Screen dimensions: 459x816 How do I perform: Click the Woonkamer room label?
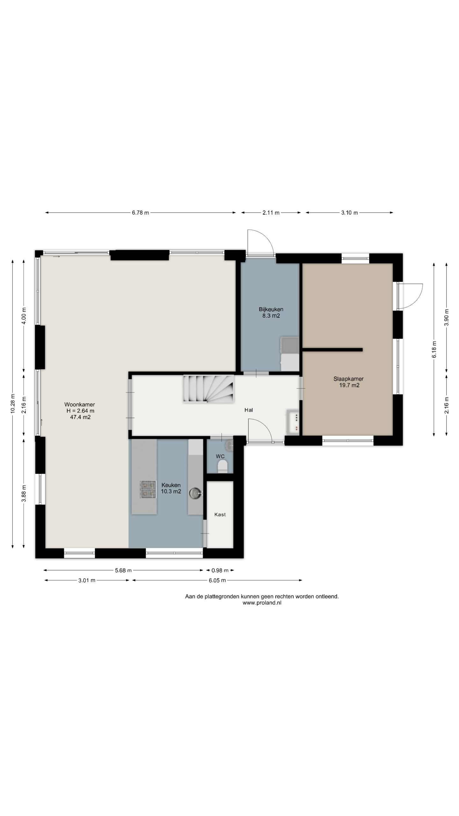tap(79, 404)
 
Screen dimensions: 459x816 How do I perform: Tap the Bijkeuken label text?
tap(271, 309)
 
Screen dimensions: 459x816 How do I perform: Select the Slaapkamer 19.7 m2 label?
tap(348, 382)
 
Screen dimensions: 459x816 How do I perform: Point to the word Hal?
tap(249, 410)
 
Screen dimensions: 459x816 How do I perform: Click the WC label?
tap(220, 456)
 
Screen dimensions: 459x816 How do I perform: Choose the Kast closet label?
tap(220, 514)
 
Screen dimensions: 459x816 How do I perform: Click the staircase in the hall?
tap(208, 389)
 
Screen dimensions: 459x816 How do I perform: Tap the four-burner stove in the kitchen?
tap(148, 489)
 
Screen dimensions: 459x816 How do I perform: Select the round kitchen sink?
tap(195, 493)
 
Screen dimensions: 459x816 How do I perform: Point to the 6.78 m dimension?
tap(141, 213)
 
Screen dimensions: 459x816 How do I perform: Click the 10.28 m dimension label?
tap(13, 404)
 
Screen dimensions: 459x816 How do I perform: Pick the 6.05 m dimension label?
tap(217, 580)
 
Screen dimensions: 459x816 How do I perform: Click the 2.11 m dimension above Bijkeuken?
tap(271, 213)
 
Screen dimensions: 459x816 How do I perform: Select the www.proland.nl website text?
tap(262, 602)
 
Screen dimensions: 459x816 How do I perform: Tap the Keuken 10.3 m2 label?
tap(171, 488)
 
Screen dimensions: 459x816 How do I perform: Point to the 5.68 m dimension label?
tap(123, 570)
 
